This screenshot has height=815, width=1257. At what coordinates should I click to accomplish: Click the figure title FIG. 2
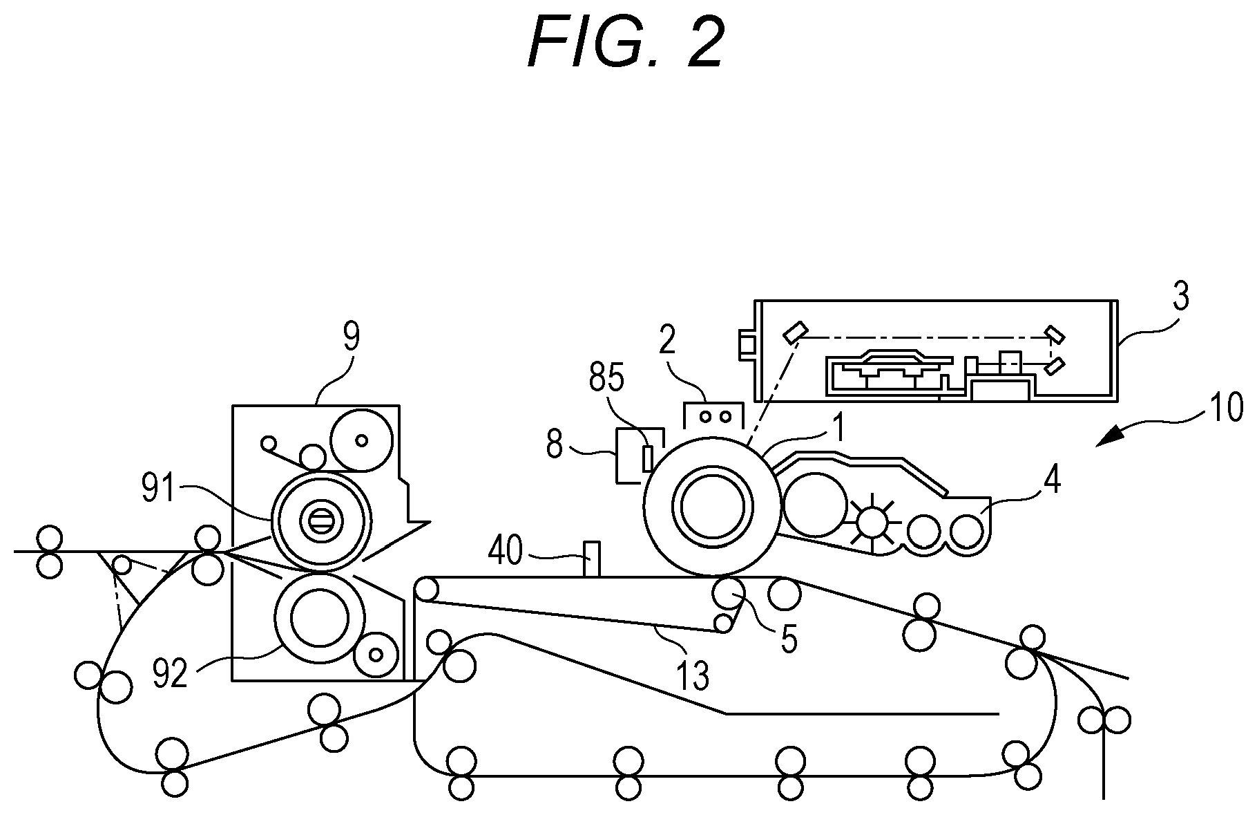pos(626,43)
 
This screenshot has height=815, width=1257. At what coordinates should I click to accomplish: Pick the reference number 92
pos(170,674)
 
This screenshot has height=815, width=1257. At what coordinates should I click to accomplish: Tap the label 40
pos(506,552)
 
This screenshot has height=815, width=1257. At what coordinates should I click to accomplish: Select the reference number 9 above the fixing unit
pos(352,337)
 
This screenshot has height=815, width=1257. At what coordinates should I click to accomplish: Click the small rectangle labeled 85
pos(647,458)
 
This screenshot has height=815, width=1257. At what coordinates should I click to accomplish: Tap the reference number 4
pos(1051,480)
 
